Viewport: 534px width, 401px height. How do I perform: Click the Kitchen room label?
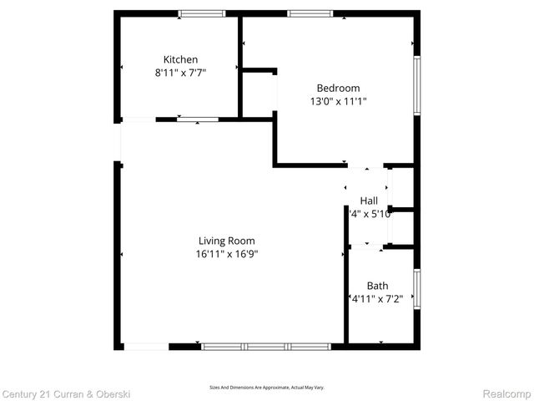tap(180, 59)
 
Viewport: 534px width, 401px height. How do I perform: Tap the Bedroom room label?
tap(338, 88)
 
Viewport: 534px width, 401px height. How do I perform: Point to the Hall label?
tap(369, 200)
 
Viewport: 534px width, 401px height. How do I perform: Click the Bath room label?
tap(377, 286)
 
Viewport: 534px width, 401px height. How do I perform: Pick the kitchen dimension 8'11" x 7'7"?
tap(180, 73)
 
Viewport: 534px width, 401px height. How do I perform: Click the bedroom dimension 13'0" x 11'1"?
tap(338, 101)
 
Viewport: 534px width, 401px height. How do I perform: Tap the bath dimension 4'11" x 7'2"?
tap(376, 299)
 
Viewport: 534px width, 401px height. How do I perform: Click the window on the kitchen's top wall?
tap(202, 13)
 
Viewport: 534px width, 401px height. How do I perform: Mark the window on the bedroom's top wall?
tap(310, 13)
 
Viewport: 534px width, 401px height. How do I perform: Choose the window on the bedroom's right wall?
tap(417, 84)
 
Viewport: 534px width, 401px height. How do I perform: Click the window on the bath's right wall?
tap(417, 289)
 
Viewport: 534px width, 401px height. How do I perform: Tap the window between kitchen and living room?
tap(198, 119)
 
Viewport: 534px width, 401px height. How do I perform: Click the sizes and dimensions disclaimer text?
tap(266, 388)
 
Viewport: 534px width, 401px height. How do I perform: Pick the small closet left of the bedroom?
tap(259, 94)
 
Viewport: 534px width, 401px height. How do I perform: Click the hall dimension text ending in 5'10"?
tap(370, 214)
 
